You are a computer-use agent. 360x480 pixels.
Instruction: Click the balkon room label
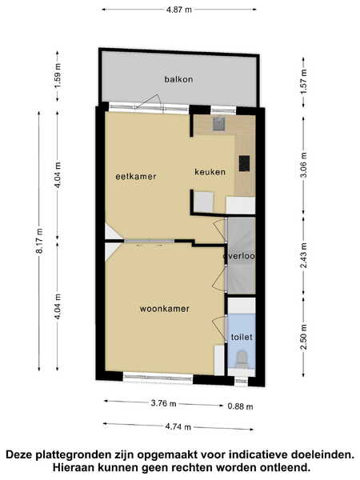178,79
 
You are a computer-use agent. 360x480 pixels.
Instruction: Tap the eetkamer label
136,176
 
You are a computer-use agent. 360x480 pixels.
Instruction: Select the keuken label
210,172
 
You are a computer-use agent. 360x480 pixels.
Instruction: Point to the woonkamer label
164,309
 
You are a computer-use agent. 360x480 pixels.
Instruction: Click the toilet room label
242,337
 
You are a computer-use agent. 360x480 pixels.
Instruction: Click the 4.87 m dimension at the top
179,10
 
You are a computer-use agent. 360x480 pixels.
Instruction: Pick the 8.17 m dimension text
39,241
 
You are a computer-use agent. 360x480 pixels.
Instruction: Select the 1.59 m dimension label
58,76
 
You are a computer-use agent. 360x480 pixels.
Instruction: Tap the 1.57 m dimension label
303,82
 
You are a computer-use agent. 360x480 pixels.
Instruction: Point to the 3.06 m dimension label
303,164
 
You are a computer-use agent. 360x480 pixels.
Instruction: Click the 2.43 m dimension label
303,255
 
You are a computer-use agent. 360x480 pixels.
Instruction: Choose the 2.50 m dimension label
303,337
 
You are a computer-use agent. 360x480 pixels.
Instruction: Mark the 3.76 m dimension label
163,403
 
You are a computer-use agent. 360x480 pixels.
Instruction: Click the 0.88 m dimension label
240,406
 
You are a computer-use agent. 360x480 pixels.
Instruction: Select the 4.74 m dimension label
178,426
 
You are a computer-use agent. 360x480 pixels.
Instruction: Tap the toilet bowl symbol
242,359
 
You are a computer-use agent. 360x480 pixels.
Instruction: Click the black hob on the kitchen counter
244,163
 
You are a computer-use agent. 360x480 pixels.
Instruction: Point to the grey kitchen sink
219,124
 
